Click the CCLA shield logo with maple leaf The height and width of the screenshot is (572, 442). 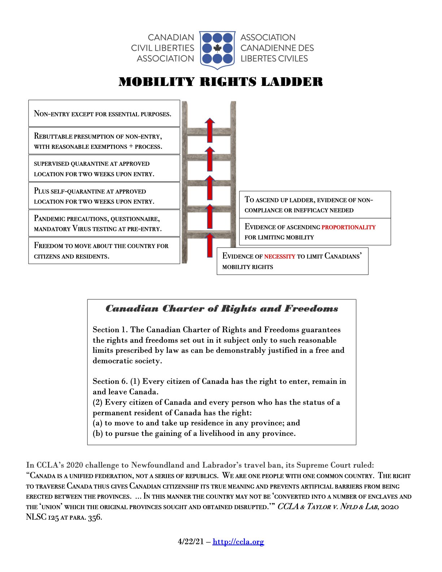click(x=217, y=49)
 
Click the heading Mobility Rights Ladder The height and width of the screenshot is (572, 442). click(x=221, y=82)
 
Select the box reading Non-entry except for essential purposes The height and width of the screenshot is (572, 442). click(x=104, y=113)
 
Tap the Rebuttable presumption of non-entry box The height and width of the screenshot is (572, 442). click(x=104, y=141)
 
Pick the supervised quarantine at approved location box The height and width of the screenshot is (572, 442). click(x=104, y=168)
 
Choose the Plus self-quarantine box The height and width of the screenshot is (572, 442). click(x=104, y=196)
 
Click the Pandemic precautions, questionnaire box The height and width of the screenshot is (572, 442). click(x=104, y=223)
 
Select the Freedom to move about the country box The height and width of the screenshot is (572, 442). click(x=104, y=251)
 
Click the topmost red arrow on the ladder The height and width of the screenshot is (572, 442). click(x=209, y=130)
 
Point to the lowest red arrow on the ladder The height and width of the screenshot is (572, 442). click(x=209, y=245)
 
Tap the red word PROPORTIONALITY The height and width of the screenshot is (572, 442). click(x=348, y=227)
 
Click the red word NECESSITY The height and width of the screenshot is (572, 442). click(x=279, y=256)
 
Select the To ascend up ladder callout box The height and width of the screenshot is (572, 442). click(x=315, y=204)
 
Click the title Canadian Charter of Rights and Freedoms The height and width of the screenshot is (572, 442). click(x=222, y=309)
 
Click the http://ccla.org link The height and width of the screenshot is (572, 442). click(x=238, y=542)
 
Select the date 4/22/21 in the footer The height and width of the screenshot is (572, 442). click(x=191, y=542)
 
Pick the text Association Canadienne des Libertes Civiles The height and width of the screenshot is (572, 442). click(x=277, y=48)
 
